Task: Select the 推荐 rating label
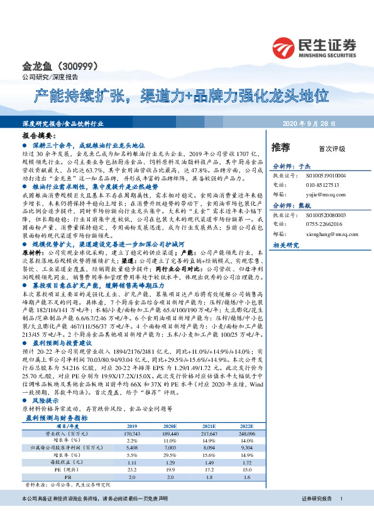(280, 148)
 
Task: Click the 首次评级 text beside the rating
(332, 149)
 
